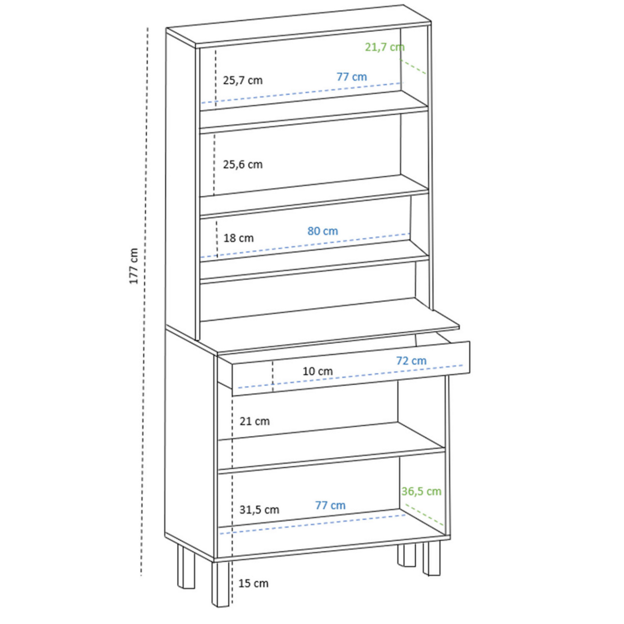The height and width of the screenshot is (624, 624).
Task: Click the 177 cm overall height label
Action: tap(134, 266)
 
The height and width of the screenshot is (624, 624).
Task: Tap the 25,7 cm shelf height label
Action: tap(243, 81)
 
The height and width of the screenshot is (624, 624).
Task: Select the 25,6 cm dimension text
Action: tap(243, 165)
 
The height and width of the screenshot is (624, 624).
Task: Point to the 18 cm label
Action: tap(239, 238)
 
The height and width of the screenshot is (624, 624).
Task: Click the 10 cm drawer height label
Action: tap(318, 371)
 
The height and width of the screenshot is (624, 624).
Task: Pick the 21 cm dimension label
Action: tap(255, 421)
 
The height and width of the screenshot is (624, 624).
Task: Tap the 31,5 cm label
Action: tap(259, 510)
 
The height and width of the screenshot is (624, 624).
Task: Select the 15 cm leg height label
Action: tap(253, 583)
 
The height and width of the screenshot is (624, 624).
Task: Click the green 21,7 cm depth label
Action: tap(384, 47)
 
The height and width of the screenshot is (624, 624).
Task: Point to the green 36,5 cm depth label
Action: tap(421, 491)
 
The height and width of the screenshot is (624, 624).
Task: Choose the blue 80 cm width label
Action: tap(322, 231)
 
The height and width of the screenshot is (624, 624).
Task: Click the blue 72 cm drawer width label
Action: tap(411, 360)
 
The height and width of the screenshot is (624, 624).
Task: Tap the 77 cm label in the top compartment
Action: tap(352, 77)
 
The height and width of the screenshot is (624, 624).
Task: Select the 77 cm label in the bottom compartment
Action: tap(330, 505)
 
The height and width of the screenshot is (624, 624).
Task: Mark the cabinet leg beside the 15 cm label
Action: tap(220, 582)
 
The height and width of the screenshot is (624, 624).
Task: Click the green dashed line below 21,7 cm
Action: tap(414, 67)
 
